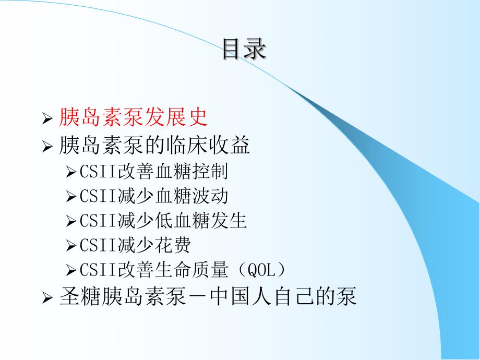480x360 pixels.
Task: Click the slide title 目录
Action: [244, 50]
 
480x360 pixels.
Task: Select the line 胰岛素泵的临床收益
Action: [155, 146]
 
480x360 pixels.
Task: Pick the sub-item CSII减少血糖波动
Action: [154, 196]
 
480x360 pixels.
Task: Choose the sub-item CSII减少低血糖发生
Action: [163, 221]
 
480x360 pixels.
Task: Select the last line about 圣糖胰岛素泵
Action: [208, 296]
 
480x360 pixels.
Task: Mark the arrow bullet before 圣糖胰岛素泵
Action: [47, 298]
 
